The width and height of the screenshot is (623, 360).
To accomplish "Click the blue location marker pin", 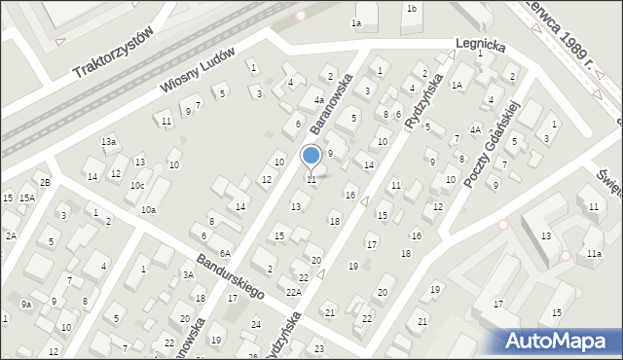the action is (x=311, y=157).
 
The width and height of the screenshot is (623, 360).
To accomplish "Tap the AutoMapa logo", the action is (x=560, y=342).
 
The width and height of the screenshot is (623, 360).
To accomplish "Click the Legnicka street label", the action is (x=480, y=45).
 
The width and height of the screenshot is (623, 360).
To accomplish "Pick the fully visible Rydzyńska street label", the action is (x=427, y=105).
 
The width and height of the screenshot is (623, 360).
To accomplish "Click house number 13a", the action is (x=109, y=142).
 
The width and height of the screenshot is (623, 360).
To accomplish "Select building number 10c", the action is (x=138, y=185).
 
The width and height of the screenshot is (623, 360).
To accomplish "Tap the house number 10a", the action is (x=148, y=210).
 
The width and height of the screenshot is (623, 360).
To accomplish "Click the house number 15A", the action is (x=27, y=198).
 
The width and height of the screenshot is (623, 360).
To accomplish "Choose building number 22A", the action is (x=293, y=292).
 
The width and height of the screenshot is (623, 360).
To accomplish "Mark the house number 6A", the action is (x=224, y=253).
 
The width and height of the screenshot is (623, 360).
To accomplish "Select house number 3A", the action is (x=188, y=275).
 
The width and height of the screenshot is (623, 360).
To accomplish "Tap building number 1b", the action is (x=412, y=9).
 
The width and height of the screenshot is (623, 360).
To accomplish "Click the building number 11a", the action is (x=594, y=254).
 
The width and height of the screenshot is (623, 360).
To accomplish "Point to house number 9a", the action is (x=27, y=305).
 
